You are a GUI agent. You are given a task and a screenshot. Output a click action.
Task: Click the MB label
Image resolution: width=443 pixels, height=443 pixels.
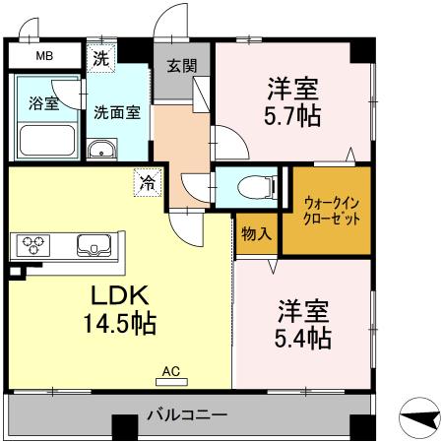coord(45,56)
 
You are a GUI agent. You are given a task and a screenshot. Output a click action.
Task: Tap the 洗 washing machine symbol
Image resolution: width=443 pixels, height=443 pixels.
coord(100,57)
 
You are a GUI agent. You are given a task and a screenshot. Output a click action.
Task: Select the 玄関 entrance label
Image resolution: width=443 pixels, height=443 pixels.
coord(180,67)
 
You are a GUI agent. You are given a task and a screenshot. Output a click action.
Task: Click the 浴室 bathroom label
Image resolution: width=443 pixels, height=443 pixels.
coord(41,102)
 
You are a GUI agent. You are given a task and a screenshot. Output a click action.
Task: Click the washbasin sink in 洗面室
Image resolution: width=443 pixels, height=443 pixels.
coord(100,150)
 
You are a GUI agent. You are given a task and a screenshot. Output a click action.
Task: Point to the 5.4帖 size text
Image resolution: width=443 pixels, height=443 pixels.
coord(301,340)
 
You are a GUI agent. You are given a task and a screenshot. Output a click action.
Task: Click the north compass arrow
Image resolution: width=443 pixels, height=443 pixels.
coord(422,420)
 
